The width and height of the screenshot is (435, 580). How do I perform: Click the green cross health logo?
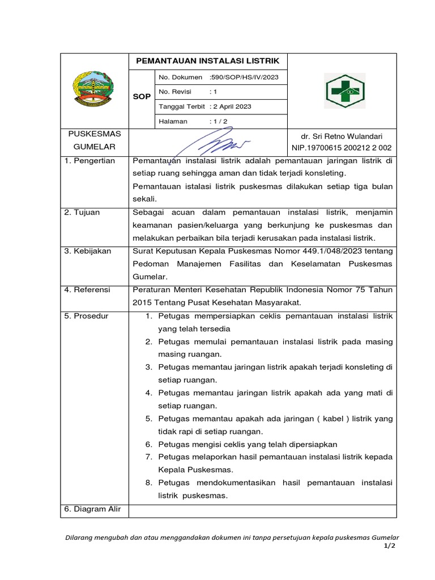tap(344, 91)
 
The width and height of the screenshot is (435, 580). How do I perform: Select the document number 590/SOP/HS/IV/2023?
tap(244, 77)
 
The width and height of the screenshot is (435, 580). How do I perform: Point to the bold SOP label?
tap(142, 97)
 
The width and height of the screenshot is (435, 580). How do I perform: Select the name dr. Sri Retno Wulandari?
tap(344, 137)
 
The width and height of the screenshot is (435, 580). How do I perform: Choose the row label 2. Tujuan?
tap(82, 212)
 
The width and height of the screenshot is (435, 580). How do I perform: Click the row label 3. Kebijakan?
tap(88, 251)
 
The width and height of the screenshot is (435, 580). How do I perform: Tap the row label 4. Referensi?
tap(88, 289)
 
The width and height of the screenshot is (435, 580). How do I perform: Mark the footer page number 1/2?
tap(389, 545)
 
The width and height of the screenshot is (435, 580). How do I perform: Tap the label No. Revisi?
tap(175, 92)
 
